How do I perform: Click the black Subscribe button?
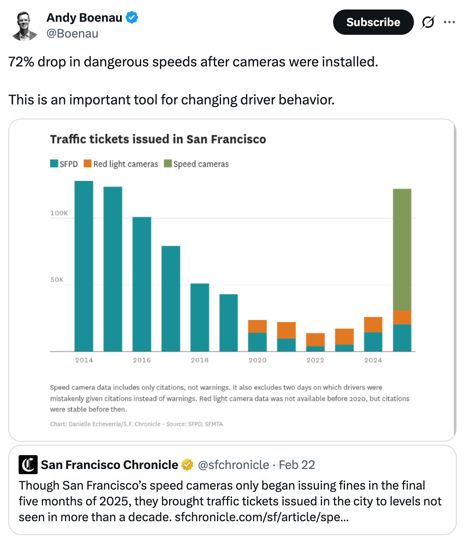[373, 22]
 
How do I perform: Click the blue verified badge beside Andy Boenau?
[132, 18]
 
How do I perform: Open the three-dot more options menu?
[449, 22]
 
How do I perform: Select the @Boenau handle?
[72, 34]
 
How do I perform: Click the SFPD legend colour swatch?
[54, 164]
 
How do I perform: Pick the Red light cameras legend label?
[125, 164]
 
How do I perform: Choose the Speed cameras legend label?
[201, 164]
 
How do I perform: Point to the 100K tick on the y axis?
[59, 213]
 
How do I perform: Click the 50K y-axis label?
[57, 280]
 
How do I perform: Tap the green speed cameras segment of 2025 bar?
[402, 249]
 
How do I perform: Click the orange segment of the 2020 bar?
[257, 326]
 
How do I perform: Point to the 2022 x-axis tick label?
[315, 360]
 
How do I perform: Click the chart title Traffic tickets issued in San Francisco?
[158, 139]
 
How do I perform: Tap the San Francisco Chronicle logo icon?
[28, 465]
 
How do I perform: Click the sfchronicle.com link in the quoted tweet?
[261, 517]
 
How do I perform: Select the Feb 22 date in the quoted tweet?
[297, 465]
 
